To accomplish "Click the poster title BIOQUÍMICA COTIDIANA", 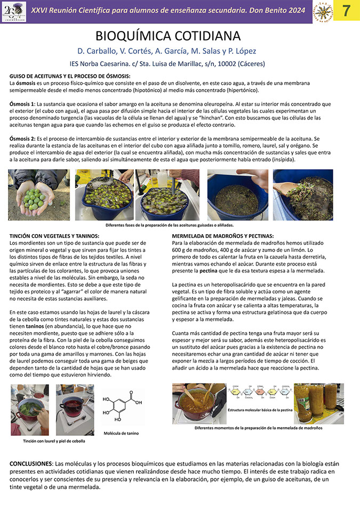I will (168, 36).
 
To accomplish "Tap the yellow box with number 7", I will (346, 11).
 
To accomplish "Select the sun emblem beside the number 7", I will (323, 11).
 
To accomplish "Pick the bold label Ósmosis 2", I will (22, 138).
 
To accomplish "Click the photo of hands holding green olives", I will (39, 195).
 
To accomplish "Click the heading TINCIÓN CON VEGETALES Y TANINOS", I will (55, 236).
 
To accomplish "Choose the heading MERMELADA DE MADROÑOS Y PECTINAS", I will (223, 236).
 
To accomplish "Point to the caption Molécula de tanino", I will (121, 433).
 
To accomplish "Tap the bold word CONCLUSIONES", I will (35, 463).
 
